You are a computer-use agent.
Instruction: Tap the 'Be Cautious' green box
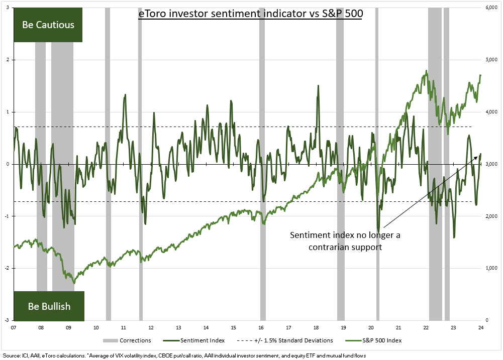[48, 25]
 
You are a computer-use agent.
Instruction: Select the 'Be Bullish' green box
[49, 306]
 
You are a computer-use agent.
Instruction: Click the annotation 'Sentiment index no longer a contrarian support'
[345, 241]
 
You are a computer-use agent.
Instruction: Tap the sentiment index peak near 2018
[318, 86]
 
